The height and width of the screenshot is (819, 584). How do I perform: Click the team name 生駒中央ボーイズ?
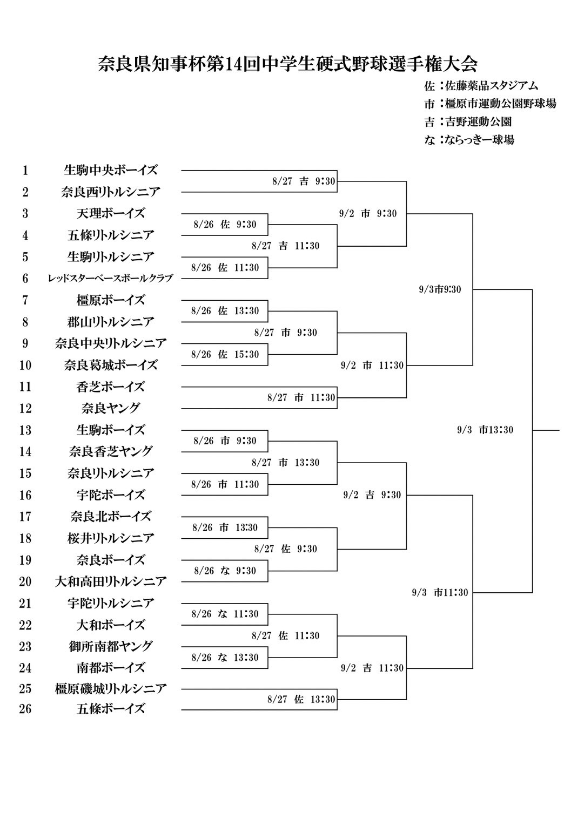pyautogui.click(x=111, y=170)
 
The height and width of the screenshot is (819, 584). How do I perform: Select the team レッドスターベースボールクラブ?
pyautogui.click(x=111, y=279)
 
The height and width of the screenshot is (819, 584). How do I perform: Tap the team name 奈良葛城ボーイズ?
pyautogui.click(x=111, y=365)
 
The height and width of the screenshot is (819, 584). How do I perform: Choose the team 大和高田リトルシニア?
pyautogui.click(x=111, y=581)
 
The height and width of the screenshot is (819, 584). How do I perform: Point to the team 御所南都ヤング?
pyautogui.click(x=111, y=646)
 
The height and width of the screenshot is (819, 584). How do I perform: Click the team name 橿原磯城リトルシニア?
pyautogui.click(x=111, y=689)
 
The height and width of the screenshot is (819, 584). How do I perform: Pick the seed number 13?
pyautogui.click(x=25, y=430)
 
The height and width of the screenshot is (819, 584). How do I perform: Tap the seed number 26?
pyautogui.click(x=25, y=709)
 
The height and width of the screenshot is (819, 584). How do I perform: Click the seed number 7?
pyautogui.click(x=25, y=300)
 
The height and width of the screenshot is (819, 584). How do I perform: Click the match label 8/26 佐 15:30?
pyautogui.click(x=225, y=355)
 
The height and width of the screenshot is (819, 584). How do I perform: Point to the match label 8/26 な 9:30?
pyautogui.click(x=225, y=571)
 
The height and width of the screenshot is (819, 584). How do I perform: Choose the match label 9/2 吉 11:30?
pyautogui.click(x=372, y=668)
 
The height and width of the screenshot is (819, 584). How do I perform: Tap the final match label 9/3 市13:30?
pyautogui.click(x=485, y=430)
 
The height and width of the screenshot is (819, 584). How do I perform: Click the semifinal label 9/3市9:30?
pyautogui.click(x=440, y=289)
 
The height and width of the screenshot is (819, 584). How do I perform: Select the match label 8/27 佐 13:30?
pyautogui.click(x=301, y=700)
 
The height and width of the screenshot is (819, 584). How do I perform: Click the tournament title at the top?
pyautogui.click(x=288, y=64)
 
